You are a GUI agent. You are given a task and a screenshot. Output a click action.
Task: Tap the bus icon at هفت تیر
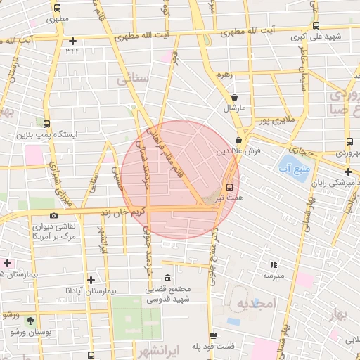tap(229, 187)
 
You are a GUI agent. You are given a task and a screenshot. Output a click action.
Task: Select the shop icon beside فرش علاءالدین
tap(239, 140)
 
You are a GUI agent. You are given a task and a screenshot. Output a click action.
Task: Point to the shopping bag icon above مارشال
tap(233, 98)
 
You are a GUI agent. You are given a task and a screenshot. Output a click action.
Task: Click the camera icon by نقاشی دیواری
tap(53, 215)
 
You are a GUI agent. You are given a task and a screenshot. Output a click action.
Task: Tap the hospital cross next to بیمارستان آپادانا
tap(90, 279)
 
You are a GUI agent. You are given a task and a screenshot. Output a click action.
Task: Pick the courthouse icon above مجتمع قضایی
tap(167, 277)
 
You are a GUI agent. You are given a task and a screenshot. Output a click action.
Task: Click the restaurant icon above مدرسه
tap(273, 264)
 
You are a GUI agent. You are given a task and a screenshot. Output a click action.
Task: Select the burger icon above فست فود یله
tap(213, 335)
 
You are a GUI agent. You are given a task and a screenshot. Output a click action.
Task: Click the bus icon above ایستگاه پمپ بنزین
tap(46, 123)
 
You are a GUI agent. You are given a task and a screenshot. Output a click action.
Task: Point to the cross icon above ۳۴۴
tap(72, 41)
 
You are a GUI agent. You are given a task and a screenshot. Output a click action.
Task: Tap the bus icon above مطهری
tap(56, 8)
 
